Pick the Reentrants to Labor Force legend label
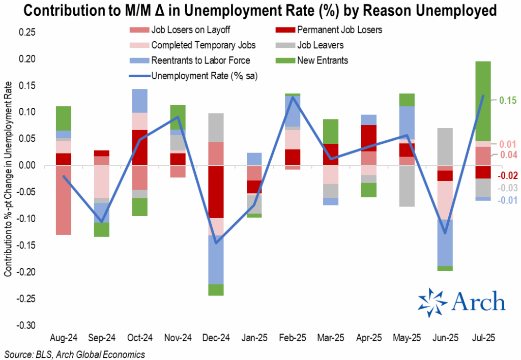[x=200, y=61]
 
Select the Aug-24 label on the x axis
[x=63, y=337]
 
